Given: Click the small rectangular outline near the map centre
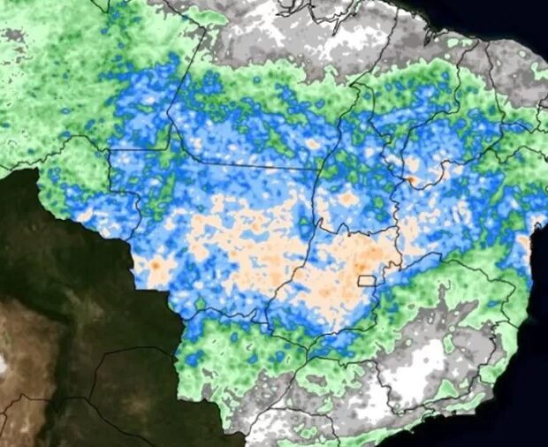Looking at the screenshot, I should pos(367,281).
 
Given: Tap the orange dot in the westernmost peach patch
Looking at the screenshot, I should pos(156,263).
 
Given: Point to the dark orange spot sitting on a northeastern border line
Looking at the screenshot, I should pos(411,180).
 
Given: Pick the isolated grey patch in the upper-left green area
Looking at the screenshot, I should pos(12,35).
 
